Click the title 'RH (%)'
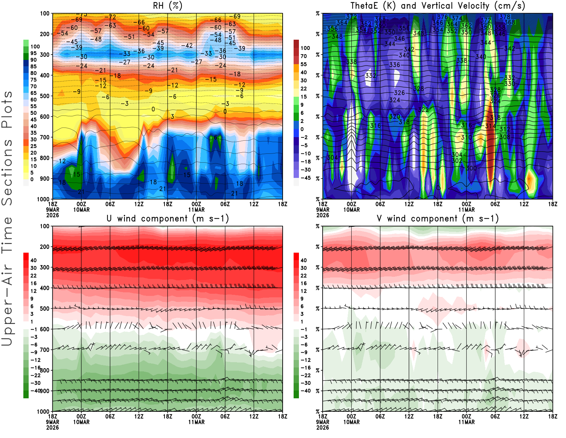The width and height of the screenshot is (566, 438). (x=167, y=6)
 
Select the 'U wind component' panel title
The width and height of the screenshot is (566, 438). (x=168, y=218)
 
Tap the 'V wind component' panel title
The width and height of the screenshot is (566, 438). (x=438, y=218)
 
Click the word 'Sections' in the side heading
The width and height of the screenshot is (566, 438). (x=7, y=172)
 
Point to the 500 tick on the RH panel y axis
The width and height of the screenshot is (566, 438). (x=45, y=96)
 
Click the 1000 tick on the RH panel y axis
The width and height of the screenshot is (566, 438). (x=43, y=199)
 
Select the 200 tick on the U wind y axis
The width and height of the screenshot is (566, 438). (x=45, y=247)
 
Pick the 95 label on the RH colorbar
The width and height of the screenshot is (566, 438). (x=33, y=53)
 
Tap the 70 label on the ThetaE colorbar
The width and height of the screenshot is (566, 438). (x=304, y=56)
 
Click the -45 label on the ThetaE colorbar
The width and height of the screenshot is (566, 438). (x=305, y=178)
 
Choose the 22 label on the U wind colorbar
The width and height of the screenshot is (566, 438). (x=33, y=275)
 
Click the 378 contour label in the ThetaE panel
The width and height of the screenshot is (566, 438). (x=505, y=17)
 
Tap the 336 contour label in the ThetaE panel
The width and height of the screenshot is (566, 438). (x=394, y=65)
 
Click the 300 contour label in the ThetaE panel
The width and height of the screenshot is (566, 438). (x=471, y=168)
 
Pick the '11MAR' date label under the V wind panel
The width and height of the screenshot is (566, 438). (x=466, y=422)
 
